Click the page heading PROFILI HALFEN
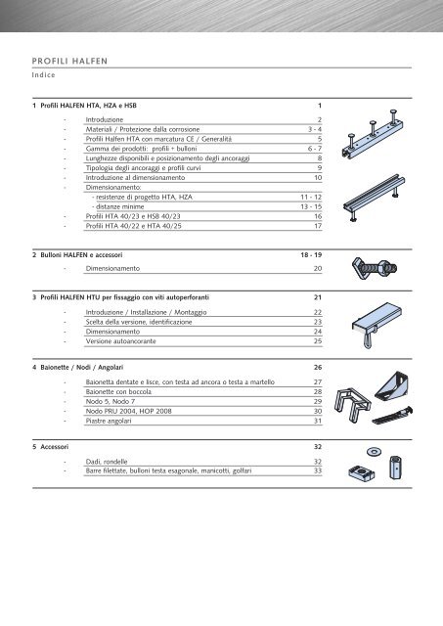69,61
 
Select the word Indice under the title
43,75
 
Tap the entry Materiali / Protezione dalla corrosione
143,129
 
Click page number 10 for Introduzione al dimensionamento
318,178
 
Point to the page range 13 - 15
311,206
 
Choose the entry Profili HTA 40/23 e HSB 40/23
133,216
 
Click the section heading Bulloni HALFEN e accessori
81,255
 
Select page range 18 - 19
311,255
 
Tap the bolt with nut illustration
375,267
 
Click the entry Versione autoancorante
120,341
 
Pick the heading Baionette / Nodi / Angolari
82,368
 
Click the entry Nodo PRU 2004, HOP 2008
128,411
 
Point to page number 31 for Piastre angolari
318,421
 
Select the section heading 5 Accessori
50,447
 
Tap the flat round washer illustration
374,452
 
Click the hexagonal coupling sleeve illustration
395,468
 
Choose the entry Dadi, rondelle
107,462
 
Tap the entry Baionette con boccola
118,392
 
